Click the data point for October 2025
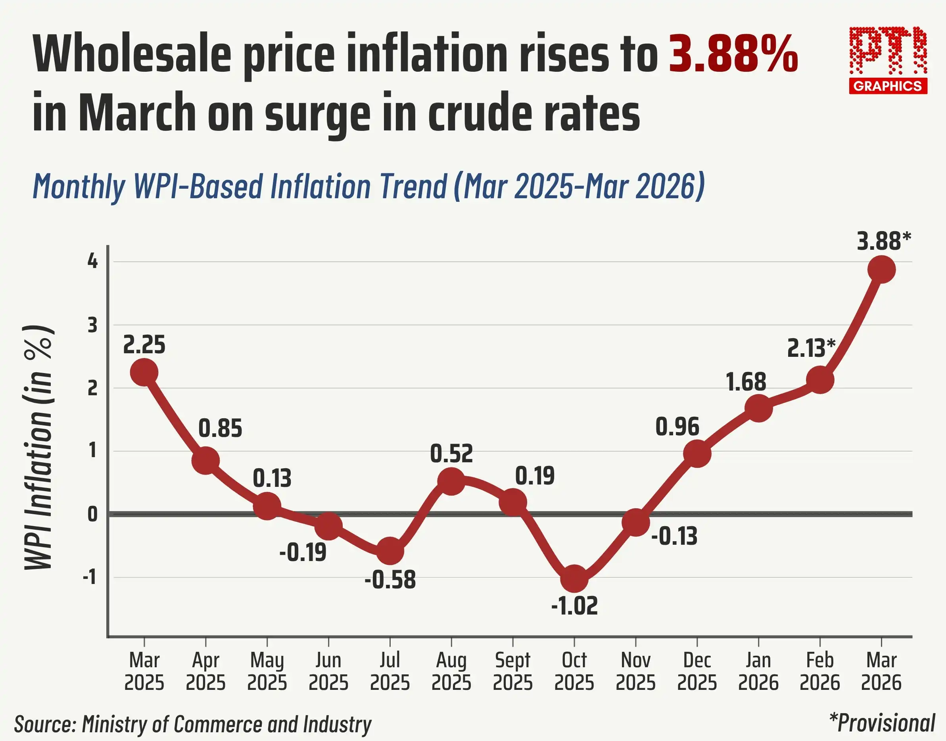pos(574,578)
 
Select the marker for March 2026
pos(881,270)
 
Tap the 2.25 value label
pos(144,345)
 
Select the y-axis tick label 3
pos(92,325)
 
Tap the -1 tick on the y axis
pos(89,577)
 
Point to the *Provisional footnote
pos(882,723)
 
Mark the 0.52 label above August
pos(451,454)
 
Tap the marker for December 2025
pos(697,454)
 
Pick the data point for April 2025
pos(205,461)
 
